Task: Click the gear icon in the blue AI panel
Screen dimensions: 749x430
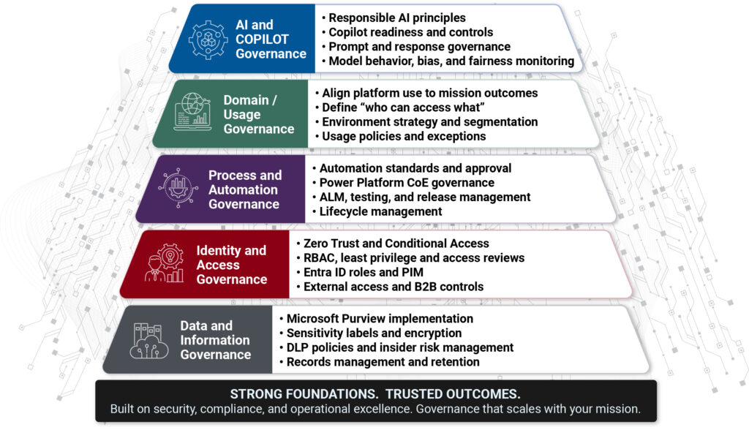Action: (x=208, y=40)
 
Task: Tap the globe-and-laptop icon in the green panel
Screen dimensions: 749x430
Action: (x=192, y=112)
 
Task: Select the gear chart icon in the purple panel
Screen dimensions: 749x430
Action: (x=178, y=188)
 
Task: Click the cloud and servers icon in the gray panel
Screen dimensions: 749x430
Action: (x=148, y=341)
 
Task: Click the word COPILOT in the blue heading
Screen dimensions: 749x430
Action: (x=262, y=39)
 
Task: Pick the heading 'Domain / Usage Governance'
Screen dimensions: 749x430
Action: (x=258, y=115)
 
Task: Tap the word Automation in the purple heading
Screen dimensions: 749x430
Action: (x=243, y=189)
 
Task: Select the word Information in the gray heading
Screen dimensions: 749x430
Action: (x=215, y=340)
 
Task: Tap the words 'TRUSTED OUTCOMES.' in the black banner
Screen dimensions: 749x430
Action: (x=453, y=394)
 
